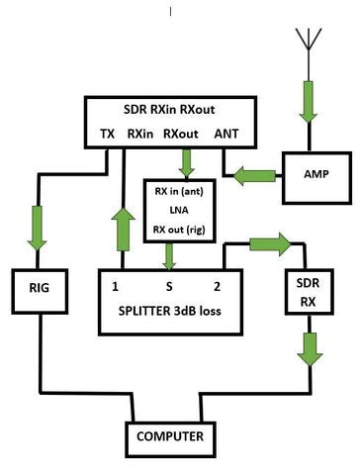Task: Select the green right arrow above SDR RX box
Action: tap(270, 244)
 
